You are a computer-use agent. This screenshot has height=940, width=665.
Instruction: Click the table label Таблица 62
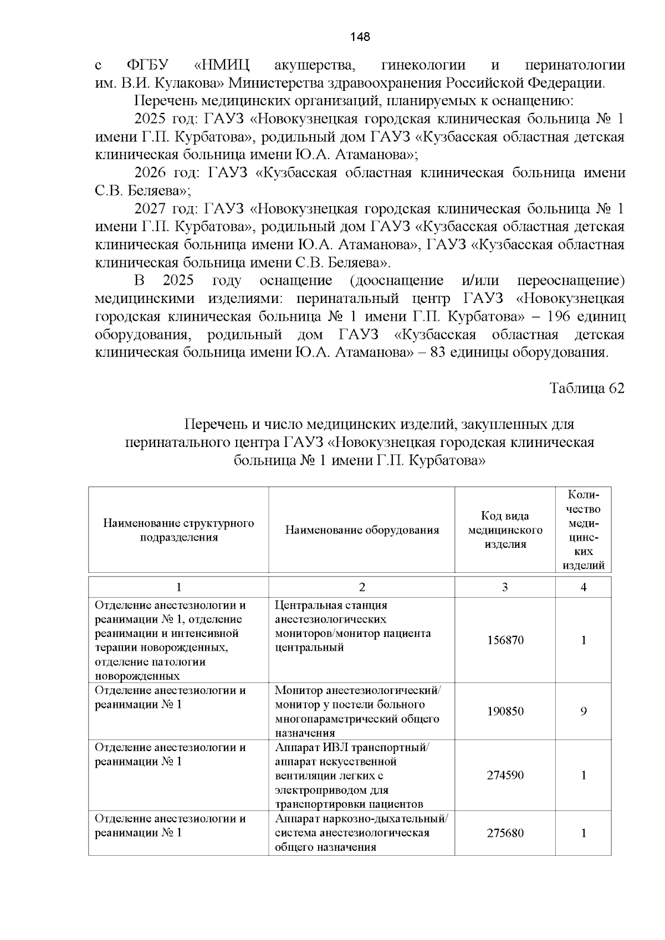click(586, 388)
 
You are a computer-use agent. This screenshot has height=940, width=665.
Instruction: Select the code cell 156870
click(505, 640)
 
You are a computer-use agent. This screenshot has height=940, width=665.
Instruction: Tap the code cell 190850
click(505, 712)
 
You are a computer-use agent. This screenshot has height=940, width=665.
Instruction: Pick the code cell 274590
click(505, 775)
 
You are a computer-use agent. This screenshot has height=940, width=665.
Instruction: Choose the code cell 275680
click(505, 833)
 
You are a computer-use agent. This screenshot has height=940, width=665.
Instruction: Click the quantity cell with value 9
click(583, 712)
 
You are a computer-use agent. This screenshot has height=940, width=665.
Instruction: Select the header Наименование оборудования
click(362, 530)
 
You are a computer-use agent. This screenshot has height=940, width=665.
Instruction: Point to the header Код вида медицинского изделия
click(505, 530)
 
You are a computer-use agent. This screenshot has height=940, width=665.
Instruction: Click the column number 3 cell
click(505, 587)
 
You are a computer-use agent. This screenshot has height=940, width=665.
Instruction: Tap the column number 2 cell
click(362, 587)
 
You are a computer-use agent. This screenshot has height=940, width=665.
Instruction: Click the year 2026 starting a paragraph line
click(150, 173)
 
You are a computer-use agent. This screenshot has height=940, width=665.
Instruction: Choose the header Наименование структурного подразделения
click(178, 530)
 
